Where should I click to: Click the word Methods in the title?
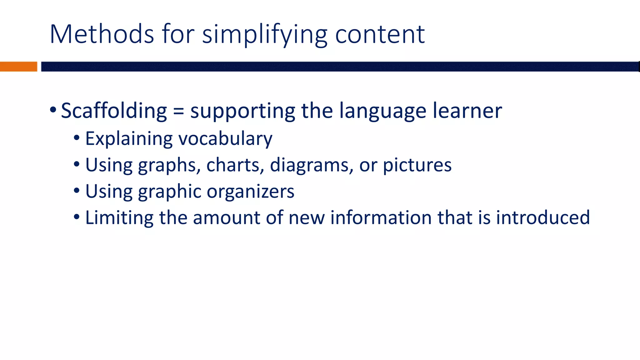click(102, 34)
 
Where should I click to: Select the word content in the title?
click(380, 34)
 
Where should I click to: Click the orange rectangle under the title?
click(18, 67)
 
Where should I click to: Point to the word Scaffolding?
click(114, 111)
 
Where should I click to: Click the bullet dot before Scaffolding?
click(53, 110)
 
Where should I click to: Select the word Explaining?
click(129, 139)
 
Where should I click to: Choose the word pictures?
click(417, 165)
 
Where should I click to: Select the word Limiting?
click(119, 217)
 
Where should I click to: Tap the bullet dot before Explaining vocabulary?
click(77, 138)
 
